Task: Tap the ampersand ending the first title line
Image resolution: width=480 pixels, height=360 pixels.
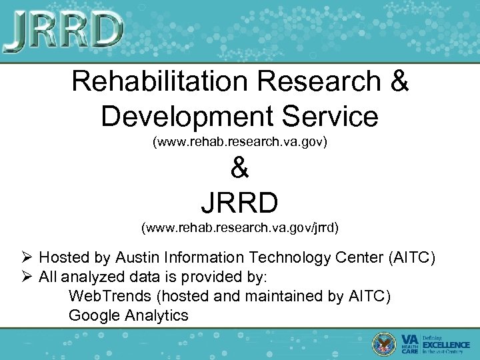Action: click(x=397, y=81)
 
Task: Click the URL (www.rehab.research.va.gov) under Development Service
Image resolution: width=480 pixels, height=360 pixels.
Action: click(x=240, y=142)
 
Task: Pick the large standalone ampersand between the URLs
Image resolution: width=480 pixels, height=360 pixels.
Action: click(x=239, y=169)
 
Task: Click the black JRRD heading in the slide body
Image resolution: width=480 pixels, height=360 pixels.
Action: click(x=239, y=200)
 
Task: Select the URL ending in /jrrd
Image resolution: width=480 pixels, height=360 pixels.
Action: click(x=240, y=228)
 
